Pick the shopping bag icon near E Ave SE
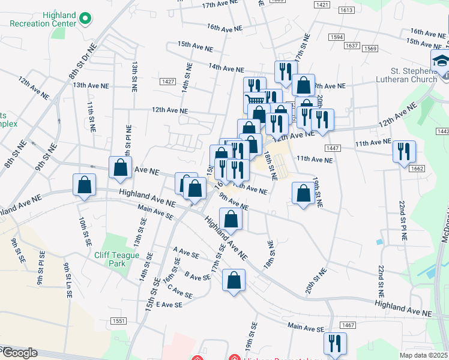pyautogui.click(x=234, y=280)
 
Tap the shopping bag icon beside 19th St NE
pyautogui.click(x=303, y=193)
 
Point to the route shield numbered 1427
pyautogui.click(x=168, y=82)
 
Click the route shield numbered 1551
pyautogui.click(x=118, y=322)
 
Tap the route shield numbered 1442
pyautogui.click(x=443, y=131)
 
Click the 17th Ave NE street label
pyautogui.click(x=217, y=5)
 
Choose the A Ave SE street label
pyautogui.click(x=185, y=254)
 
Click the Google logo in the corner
pyautogui.click(x=19, y=353)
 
